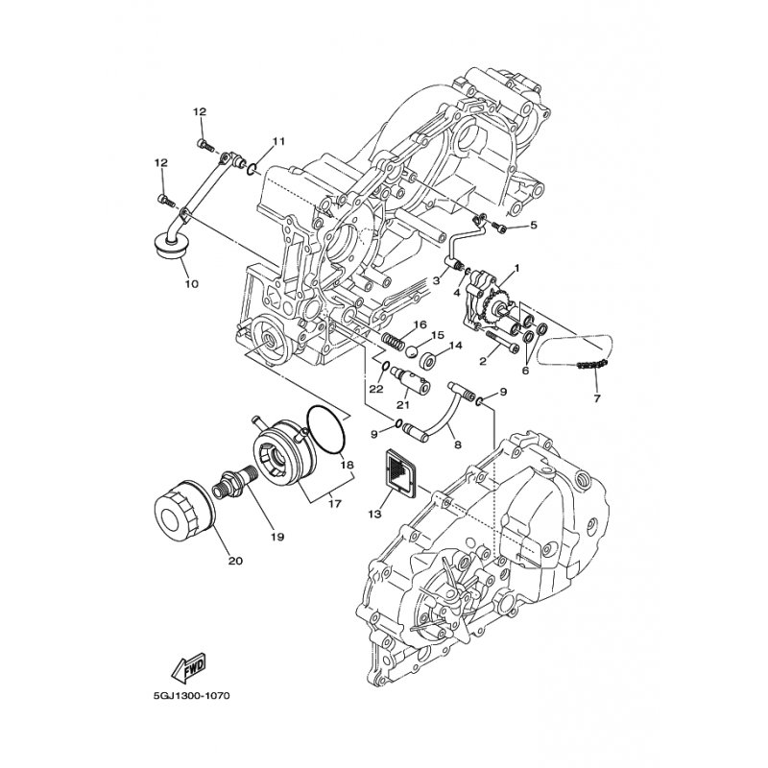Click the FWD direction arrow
coord(188,668)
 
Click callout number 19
coord(276,537)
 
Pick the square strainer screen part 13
coord(400,470)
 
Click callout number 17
coord(335,503)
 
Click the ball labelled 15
coord(412,350)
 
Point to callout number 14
coord(455,346)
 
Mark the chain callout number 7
coord(596,398)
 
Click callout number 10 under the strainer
coord(191,283)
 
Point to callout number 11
coord(278,141)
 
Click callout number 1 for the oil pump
coord(516,268)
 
